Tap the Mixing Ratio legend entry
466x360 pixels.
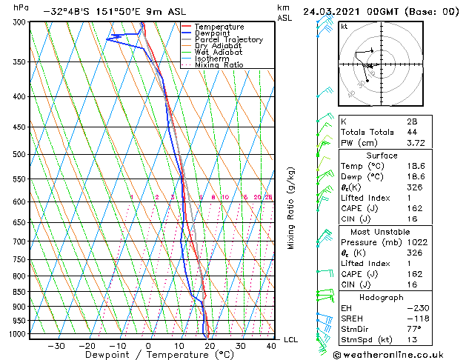pyautogui.click(x=219, y=65)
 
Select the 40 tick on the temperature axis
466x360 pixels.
pyautogui.click(x=272, y=346)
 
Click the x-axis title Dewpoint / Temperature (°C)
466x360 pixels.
pyautogui.click(x=149, y=356)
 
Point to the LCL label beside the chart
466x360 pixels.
pyautogui.click(x=291, y=340)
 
